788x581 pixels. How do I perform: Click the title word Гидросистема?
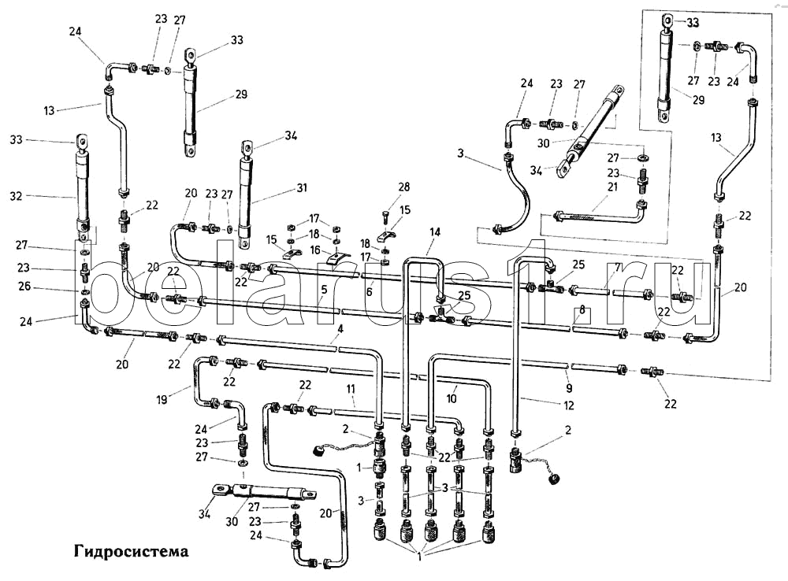132,550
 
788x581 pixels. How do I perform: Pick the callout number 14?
434,231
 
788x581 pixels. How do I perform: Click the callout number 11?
350,389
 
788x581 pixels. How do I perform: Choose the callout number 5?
324,290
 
